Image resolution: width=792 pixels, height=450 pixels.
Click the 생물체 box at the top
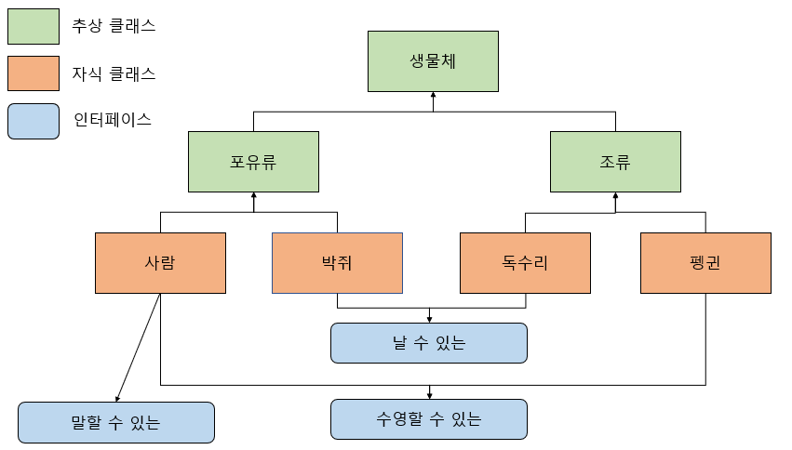433,61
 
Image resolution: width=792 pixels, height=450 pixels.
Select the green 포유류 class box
253,162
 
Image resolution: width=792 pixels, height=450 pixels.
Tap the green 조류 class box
615,162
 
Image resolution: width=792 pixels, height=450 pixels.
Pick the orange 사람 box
160,263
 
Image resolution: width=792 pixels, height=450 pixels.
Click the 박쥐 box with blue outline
337,263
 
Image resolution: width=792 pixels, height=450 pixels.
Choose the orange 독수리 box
526,263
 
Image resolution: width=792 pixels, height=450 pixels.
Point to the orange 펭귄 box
705,263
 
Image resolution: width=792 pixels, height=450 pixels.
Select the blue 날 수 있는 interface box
429,343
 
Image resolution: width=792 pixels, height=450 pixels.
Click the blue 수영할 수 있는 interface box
429,419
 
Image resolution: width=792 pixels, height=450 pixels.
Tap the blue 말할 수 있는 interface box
116,422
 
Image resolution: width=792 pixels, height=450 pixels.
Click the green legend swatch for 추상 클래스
34,26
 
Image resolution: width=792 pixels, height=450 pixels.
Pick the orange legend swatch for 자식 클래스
34,73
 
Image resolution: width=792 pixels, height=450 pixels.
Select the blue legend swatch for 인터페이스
34,120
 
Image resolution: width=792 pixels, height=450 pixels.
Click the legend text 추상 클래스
114,26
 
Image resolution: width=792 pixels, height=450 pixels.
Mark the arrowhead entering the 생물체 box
433,97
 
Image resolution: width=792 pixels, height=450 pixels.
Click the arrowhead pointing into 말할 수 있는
116,397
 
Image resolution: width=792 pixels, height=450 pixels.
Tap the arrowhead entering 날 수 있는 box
429,319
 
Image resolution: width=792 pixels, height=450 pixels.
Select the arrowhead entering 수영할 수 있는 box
429,395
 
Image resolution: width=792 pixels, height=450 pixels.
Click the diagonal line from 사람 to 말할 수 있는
138,346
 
